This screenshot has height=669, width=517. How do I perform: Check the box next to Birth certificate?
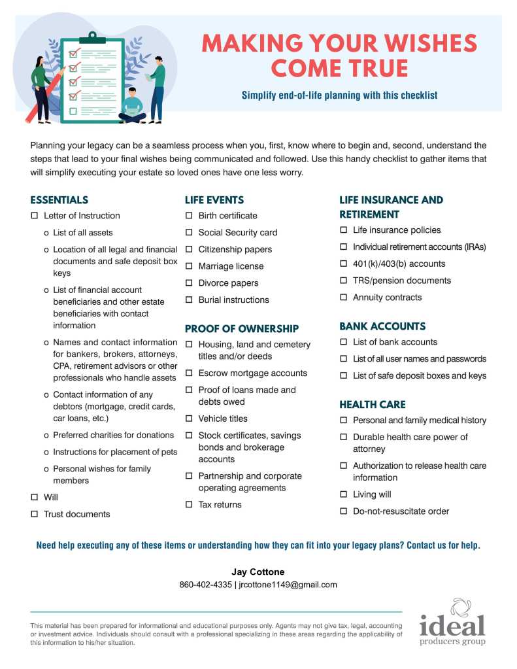pos(189,216)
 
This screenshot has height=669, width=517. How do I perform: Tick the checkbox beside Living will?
pos(343,495)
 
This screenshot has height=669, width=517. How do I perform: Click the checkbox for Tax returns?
pos(189,505)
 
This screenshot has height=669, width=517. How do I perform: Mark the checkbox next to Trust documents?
pos(34,515)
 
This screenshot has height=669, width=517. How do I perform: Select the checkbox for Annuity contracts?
pos(343,298)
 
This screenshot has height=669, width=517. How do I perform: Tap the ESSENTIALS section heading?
pos(59,200)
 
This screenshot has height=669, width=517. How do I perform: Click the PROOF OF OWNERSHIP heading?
pos(241,328)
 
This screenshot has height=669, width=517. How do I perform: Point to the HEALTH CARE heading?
pos(372,404)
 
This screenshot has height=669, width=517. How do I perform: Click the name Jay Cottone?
pos(258,572)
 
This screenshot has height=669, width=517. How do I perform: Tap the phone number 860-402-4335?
pos(205,585)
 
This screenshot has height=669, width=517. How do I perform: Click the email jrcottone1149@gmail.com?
pos(288,585)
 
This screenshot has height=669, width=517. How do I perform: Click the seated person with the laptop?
pos(133,106)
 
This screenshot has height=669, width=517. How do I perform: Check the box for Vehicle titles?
pos(189,419)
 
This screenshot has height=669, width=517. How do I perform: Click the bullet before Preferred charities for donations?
pos(46,436)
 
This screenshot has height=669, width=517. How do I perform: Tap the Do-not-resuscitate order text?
pos(401,511)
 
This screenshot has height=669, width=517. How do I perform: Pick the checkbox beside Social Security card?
pos(189,233)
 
